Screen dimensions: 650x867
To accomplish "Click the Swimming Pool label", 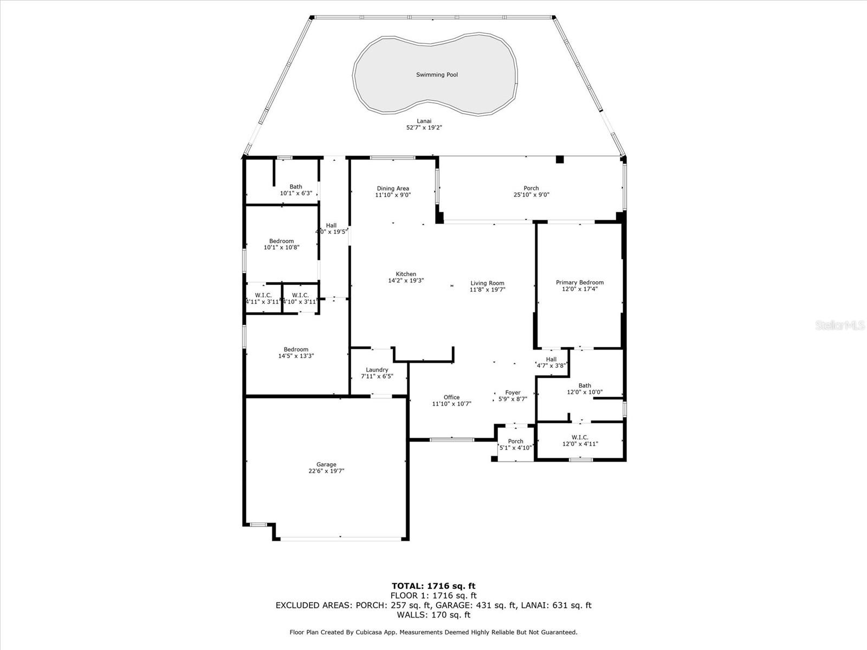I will [437, 75].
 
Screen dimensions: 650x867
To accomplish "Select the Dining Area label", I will [393, 188].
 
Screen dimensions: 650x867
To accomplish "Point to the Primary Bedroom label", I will [579, 282].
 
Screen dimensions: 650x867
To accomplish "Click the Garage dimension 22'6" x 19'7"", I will [326, 471].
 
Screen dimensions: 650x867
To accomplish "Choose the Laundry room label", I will [377, 369].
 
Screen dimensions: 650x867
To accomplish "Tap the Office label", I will [451, 397].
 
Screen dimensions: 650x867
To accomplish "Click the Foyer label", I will [513, 393].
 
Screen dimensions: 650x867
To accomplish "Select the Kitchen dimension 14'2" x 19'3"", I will [406, 281].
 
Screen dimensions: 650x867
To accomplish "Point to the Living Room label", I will [487, 283].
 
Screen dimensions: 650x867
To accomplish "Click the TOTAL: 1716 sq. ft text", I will [433, 586].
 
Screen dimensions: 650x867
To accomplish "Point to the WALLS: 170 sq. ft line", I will [433, 615].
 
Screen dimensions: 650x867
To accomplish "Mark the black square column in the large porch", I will [560, 159].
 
